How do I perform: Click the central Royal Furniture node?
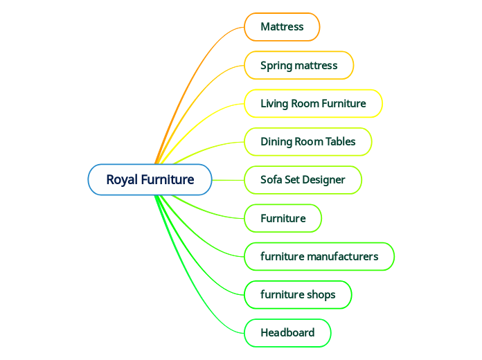pyautogui.click(x=150, y=180)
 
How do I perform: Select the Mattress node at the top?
pyautogui.click(x=282, y=27)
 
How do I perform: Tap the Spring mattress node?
pyautogui.click(x=299, y=66)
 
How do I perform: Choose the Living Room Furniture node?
pyautogui.click(x=313, y=104)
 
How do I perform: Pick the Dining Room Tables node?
pyautogui.click(x=308, y=142)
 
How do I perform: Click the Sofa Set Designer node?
pyautogui.click(x=303, y=180)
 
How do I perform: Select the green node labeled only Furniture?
pyautogui.click(x=283, y=218)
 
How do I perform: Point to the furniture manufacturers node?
pyautogui.click(x=319, y=256)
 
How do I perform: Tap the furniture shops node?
pyautogui.click(x=298, y=294)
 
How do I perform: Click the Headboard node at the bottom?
pyautogui.click(x=287, y=332)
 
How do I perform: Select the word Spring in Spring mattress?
pyautogui.click(x=276, y=66)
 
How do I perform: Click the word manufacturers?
pyautogui.click(x=343, y=256)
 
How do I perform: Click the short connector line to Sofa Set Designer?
pyautogui.click(x=228, y=180)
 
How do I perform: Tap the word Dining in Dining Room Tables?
pyautogui.click(x=276, y=142)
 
